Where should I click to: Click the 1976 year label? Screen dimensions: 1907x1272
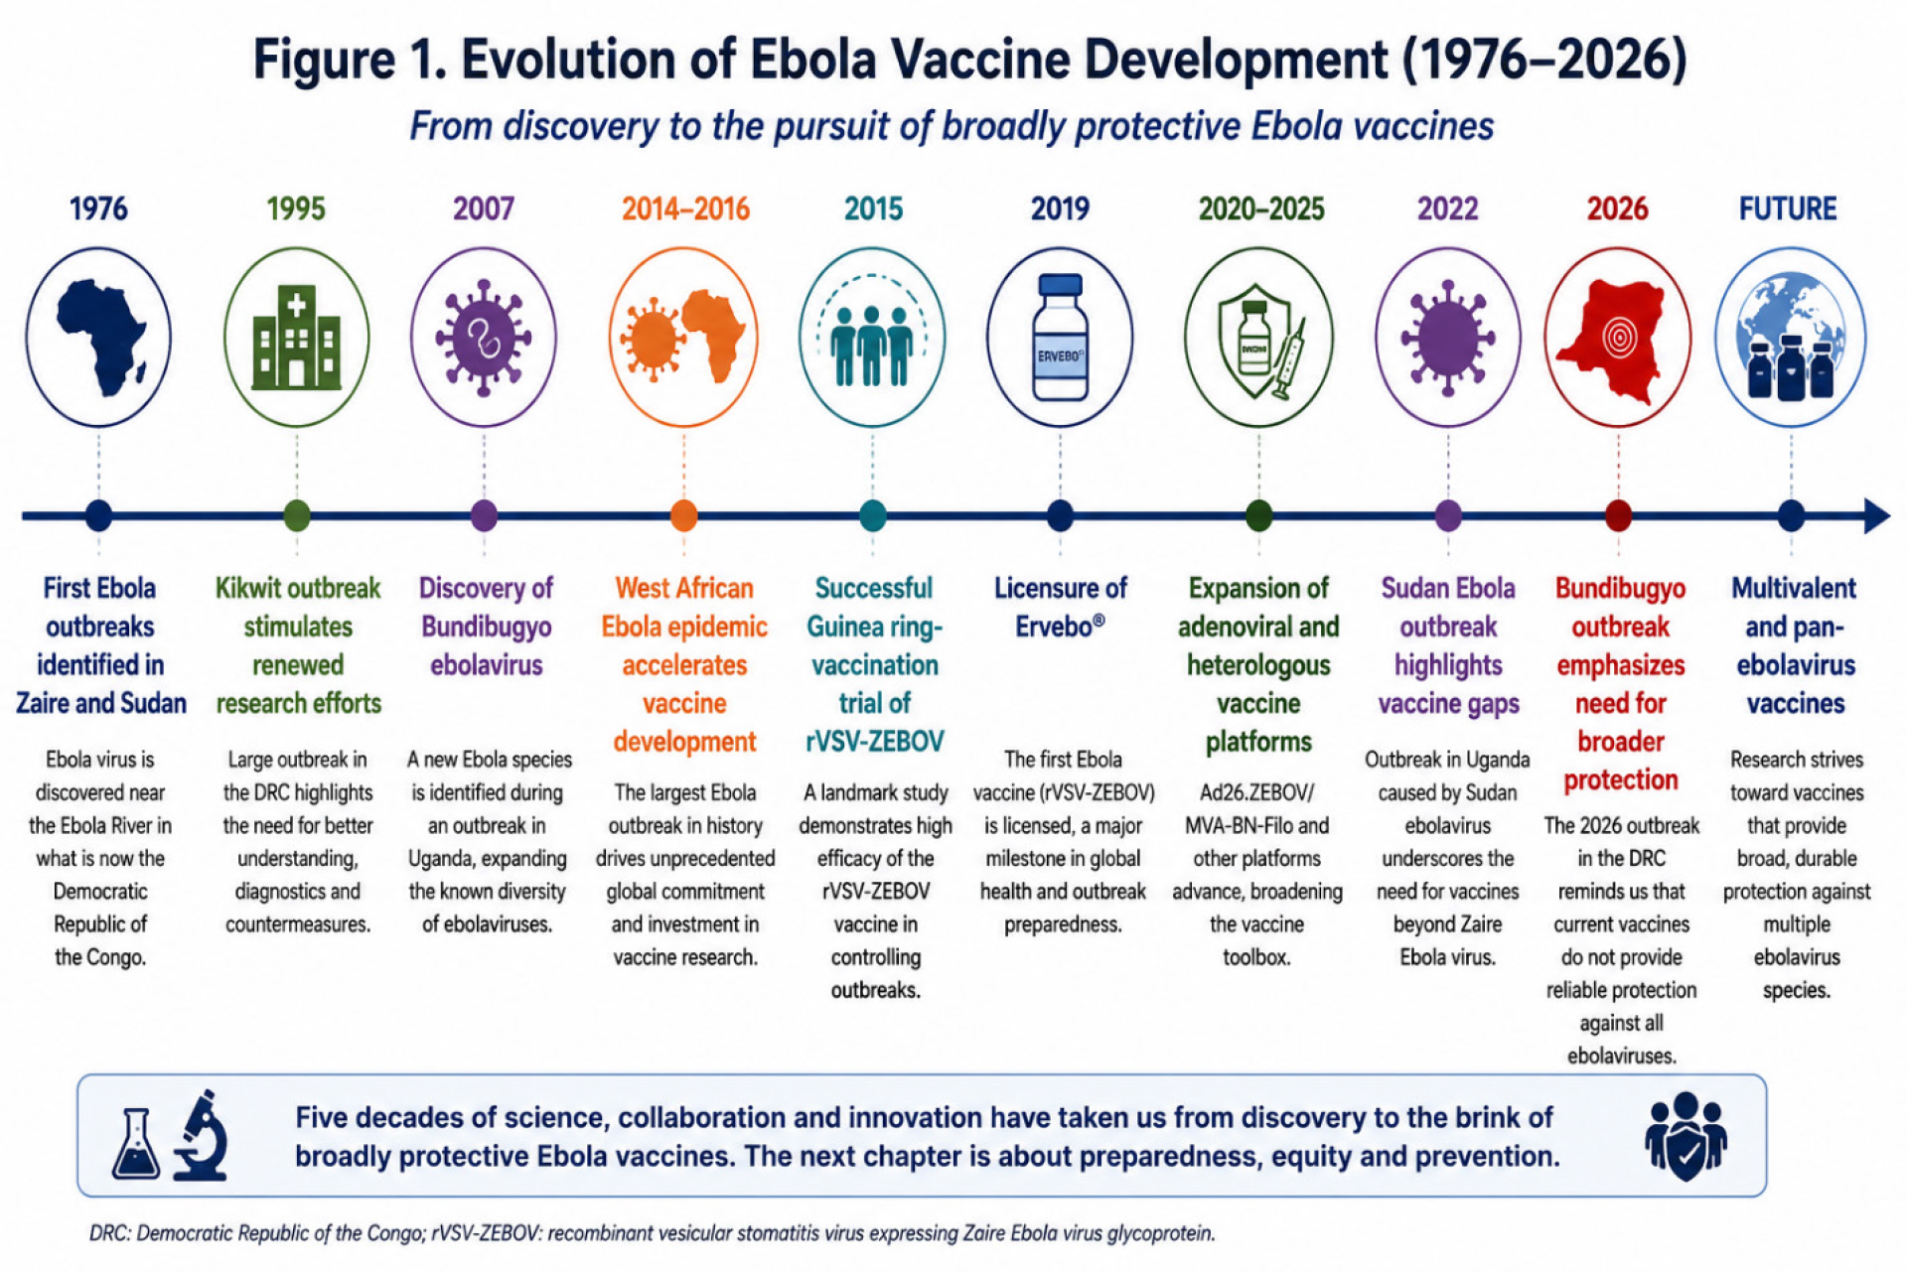98,209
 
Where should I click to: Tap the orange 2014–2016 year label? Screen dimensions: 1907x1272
685,209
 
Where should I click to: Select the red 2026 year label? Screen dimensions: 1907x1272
1617,209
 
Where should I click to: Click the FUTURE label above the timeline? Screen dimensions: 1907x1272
1787,209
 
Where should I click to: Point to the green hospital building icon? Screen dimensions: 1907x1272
296,338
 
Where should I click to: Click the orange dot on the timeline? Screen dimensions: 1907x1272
683,515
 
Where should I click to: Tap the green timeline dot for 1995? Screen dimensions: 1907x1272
296,515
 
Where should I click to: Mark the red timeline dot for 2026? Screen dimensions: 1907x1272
1618,515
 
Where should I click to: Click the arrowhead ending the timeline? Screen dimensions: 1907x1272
1876,515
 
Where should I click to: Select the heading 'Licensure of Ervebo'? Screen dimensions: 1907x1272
1060,607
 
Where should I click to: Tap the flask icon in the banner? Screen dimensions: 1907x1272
135,1143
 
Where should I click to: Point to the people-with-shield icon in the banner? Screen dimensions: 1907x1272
1686,1136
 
